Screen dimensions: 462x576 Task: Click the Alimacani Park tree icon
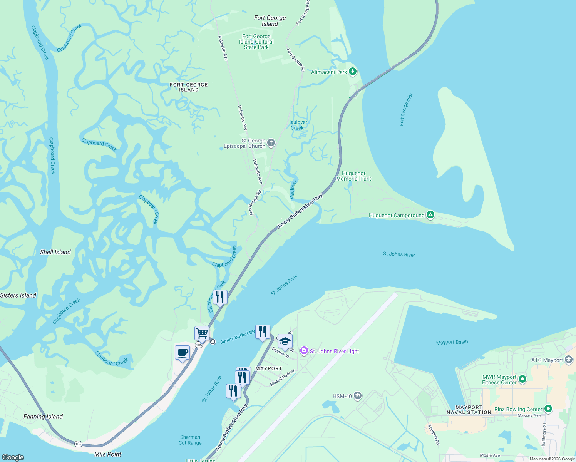pos(352,72)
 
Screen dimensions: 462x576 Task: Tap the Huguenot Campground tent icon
pos(430,215)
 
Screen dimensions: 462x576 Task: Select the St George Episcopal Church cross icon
pos(271,143)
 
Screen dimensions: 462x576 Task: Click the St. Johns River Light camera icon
pos(304,351)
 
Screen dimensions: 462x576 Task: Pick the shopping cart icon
pos(202,333)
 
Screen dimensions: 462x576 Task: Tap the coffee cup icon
pos(182,353)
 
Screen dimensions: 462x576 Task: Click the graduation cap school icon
pos(285,341)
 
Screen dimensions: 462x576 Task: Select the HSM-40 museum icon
pos(358,396)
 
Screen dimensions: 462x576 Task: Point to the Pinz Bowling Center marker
pos(548,409)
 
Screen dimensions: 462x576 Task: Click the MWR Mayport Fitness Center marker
pos(522,379)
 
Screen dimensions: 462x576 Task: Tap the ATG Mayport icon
pos(569,360)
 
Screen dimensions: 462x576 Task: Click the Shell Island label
pos(55,252)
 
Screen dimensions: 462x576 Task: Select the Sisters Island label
pos(18,295)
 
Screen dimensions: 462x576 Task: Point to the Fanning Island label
pos(43,417)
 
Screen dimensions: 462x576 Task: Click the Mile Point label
pos(108,454)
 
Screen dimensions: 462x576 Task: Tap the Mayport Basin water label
pos(452,342)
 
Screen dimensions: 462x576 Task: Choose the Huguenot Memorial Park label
pos(353,176)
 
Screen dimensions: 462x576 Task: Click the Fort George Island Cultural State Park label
pos(256,42)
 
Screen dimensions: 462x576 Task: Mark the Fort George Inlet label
pos(406,109)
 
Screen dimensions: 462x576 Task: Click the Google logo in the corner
pos(13,457)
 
